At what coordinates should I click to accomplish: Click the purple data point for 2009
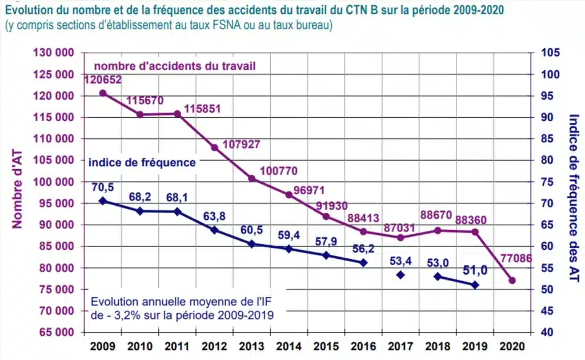pos(103,93)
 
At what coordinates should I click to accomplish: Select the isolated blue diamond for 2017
pos(400,275)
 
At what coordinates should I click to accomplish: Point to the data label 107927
pos(240,145)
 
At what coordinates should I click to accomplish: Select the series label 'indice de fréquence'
pos(142,162)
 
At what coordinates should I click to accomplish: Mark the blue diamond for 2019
pos(475,285)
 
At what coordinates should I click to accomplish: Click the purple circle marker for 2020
pos(512,281)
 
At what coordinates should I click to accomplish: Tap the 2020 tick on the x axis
pos(512,346)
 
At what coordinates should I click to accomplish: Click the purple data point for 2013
pos(251,179)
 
